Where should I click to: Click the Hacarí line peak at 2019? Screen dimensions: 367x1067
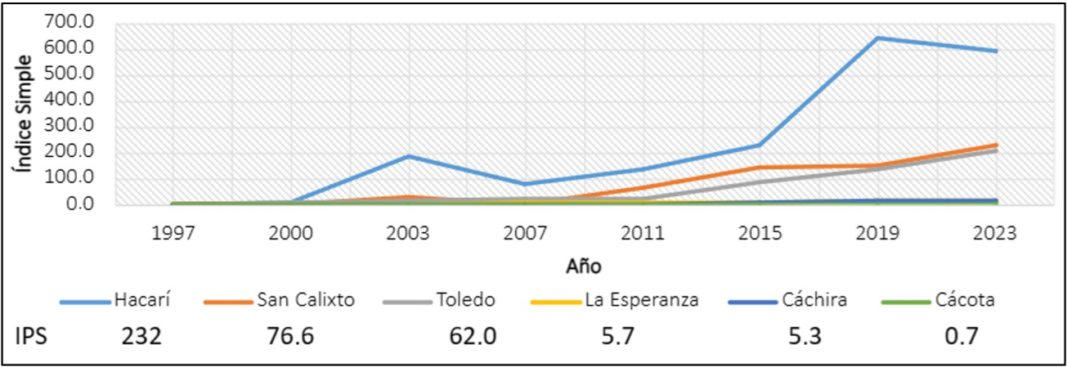tap(878, 38)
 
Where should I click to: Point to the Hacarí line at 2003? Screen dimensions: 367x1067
tap(409, 155)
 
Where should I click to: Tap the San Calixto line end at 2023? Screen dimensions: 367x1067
tap(996, 145)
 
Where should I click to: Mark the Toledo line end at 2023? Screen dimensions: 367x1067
tap(996, 150)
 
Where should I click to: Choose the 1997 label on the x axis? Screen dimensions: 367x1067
tap(173, 233)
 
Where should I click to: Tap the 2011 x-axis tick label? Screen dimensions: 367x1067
tap(643, 233)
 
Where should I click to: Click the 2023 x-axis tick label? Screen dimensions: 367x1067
tap(996, 233)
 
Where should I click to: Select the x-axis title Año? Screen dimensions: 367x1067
tap(584, 266)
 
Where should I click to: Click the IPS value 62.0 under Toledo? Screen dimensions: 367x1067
tap(473, 335)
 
